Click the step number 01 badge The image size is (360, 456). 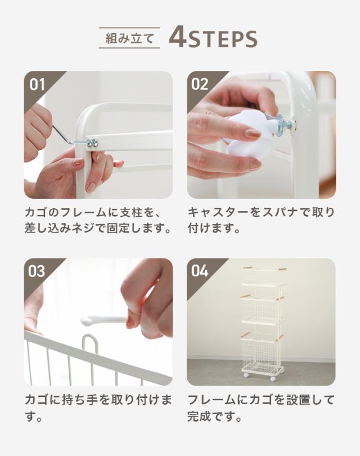[37, 84]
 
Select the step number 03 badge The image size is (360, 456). [37, 271]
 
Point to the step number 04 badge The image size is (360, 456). [200, 271]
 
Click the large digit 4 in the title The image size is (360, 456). [178, 37]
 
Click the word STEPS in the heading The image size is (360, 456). [223, 39]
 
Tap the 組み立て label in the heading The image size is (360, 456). [129, 38]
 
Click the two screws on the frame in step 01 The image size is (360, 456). [92, 142]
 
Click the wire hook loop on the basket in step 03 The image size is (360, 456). [90, 347]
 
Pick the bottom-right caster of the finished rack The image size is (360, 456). [273, 379]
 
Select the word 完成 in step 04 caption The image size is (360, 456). [200, 417]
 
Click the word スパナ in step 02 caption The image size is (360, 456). [278, 212]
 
